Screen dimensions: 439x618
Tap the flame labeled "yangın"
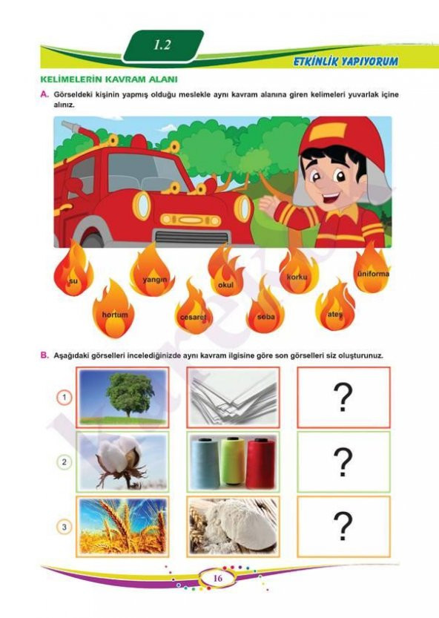click(x=153, y=272)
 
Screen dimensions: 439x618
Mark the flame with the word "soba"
click(x=265, y=307)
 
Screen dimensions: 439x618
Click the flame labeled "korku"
click(x=298, y=272)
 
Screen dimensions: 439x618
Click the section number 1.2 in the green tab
click(x=162, y=45)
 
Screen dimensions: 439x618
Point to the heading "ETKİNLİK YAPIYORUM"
click(x=346, y=61)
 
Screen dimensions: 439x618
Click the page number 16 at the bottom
click(x=218, y=578)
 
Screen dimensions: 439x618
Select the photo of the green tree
click(x=122, y=398)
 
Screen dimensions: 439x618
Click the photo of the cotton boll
click(x=122, y=461)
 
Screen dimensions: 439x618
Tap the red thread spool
click(x=260, y=462)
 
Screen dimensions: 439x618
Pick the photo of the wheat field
click(x=122, y=526)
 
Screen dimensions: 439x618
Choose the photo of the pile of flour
click(x=234, y=526)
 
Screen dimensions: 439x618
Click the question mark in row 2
click(x=343, y=462)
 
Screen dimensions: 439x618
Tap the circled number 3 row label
click(x=65, y=527)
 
